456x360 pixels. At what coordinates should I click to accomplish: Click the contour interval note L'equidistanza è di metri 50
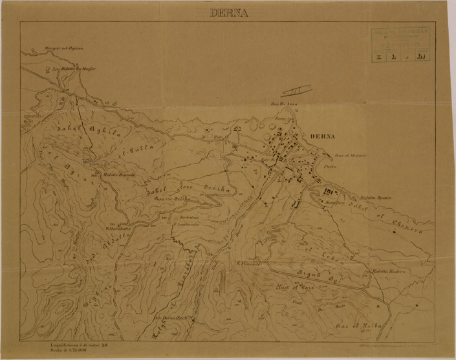click(x=83, y=347)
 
